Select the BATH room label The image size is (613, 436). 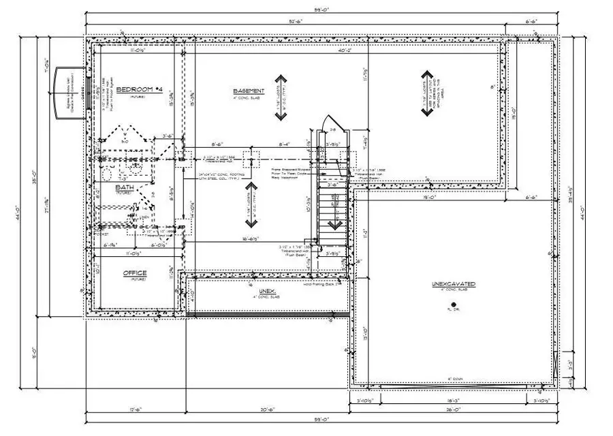click(x=124, y=187)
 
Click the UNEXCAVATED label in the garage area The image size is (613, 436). click(x=453, y=283)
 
